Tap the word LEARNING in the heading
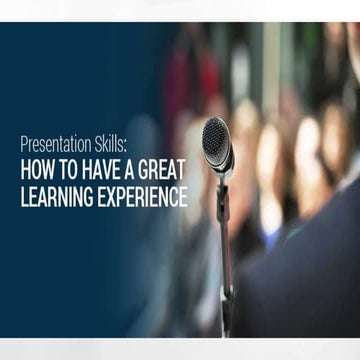[x=56, y=197]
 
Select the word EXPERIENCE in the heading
[x=141, y=197]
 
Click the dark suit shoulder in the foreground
[x=300, y=280]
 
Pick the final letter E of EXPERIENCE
[x=183, y=197]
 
